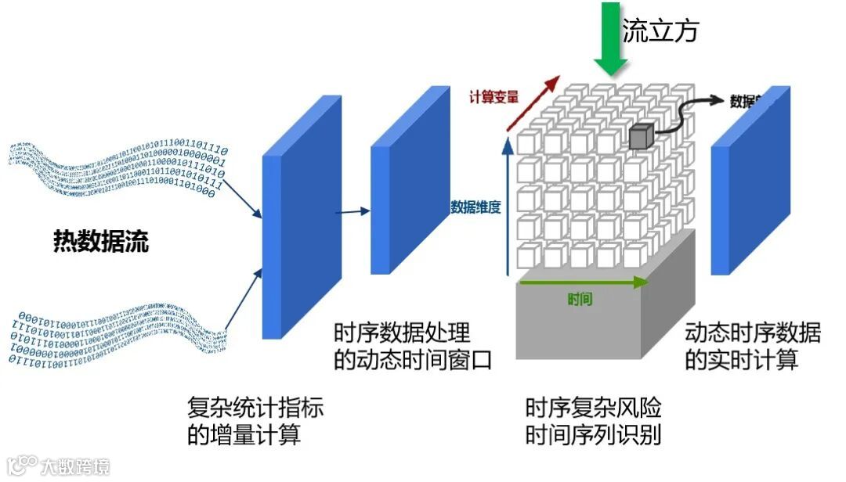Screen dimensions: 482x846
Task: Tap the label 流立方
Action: coord(660,31)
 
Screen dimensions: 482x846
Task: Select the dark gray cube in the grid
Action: coord(640,137)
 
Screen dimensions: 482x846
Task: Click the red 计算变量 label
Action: coord(493,98)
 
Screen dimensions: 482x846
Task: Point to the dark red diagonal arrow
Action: coord(532,103)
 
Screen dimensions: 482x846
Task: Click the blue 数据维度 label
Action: coord(475,207)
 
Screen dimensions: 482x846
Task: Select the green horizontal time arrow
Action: coord(584,282)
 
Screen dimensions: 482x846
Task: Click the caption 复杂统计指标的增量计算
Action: coord(255,421)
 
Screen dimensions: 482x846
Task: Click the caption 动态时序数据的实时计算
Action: coord(753,347)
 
